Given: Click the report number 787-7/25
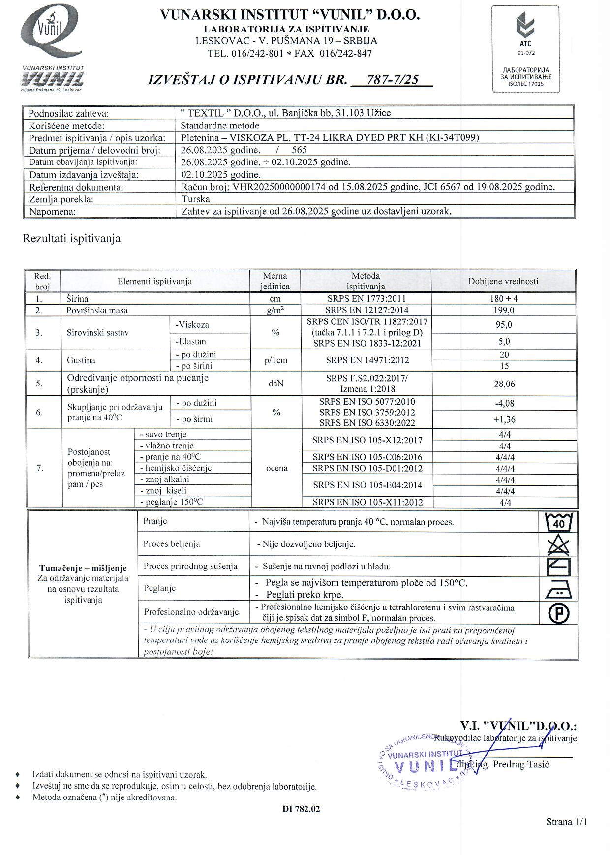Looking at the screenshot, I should coord(392,80).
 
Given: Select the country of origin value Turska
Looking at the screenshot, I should coord(196,199).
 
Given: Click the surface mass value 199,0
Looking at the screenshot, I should coord(503,310).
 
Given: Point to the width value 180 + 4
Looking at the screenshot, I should coord(503,298).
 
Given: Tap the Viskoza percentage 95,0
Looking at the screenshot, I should coord(503,325).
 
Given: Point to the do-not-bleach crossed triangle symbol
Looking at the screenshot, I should coord(558,544).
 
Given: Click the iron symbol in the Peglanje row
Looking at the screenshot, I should coord(558,590).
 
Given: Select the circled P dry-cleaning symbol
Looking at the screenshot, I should coord(558,613).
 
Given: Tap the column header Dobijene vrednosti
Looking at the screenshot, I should coord(503,281).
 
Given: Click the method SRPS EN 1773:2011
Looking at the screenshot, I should coord(366,298).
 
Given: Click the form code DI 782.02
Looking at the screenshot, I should coord(301,809).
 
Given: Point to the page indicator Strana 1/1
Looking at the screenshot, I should coord(566,822).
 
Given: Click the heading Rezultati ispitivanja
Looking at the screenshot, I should coord(72,239).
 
